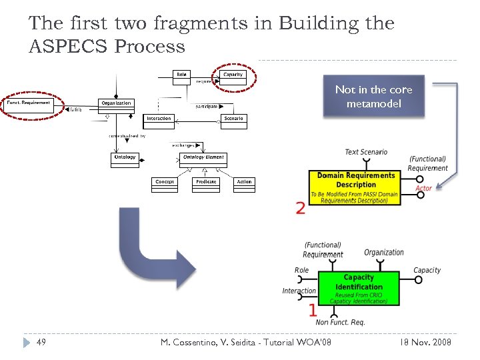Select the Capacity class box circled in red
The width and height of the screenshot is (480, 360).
point(233,76)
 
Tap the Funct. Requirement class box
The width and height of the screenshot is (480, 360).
point(28,105)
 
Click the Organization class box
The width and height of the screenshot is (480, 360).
point(116,105)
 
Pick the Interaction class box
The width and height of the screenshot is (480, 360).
point(159,121)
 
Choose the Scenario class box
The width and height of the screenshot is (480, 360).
point(233,121)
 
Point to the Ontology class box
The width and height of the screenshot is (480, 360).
point(125,159)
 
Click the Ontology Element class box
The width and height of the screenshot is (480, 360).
point(203,159)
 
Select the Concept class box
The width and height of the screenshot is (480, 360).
point(165,184)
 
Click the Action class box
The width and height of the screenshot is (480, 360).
point(245,184)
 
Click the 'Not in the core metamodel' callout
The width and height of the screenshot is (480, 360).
point(373,97)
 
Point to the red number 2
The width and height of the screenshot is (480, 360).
point(301,209)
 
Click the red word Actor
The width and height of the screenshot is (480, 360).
point(423,188)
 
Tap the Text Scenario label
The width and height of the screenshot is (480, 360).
point(365,152)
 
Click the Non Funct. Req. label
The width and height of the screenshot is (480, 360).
point(340,322)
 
